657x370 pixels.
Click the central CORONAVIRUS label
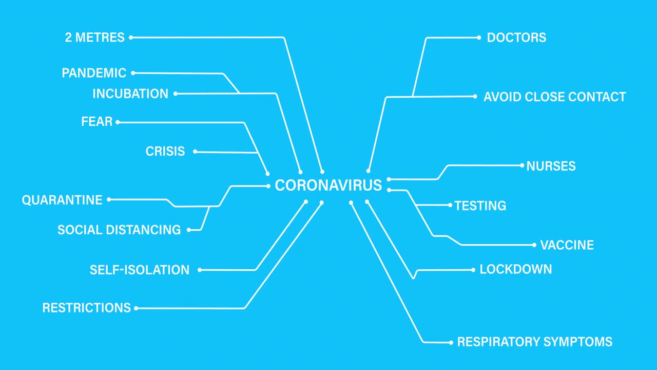tap(328, 185)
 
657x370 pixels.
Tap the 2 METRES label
tap(95, 38)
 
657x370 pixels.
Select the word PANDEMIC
tap(94, 73)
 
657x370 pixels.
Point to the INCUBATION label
tap(130, 94)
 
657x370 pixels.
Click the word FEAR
tap(96, 122)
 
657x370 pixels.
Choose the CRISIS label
tap(165, 152)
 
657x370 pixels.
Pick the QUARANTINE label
tap(62, 199)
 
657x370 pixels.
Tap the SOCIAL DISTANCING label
tap(119, 230)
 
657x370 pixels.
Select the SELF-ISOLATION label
tap(140, 270)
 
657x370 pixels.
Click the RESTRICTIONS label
tap(87, 308)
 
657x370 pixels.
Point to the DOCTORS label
tap(516, 38)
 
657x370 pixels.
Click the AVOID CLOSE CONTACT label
tap(555, 97)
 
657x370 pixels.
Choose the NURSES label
tap(551, 166)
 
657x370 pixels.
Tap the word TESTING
tap(480, 206)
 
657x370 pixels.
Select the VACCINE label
tap(567, 245)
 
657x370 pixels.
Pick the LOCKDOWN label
tap(516, 269)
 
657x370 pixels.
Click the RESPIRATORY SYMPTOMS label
tap(535, 342)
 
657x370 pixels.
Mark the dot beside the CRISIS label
tap(195, 152)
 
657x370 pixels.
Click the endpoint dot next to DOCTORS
tap(479, 38)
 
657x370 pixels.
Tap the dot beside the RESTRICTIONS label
tap(136, 308)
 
